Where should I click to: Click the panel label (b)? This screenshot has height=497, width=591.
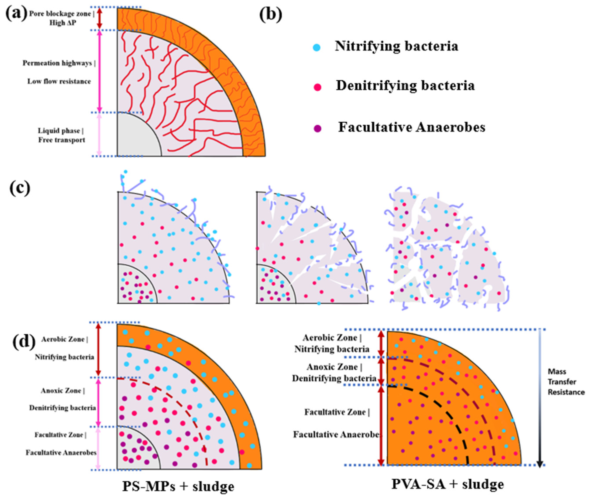(x=271, y=15)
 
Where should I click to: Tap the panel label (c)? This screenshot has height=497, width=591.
(x=20, y=188)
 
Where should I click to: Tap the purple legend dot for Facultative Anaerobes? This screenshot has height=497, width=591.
(x=317, y=129)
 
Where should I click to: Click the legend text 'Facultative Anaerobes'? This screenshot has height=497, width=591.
(x=412, y=127)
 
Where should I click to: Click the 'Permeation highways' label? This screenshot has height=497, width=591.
(x=59, y=63)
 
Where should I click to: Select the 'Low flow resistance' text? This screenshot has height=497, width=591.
(x=59, y=82)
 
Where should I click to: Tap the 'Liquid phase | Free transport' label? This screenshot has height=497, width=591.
(x=61, y=135)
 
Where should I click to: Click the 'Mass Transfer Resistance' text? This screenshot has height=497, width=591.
(x=566, y=382)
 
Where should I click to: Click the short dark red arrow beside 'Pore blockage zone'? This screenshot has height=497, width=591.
(x=99, y=19)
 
